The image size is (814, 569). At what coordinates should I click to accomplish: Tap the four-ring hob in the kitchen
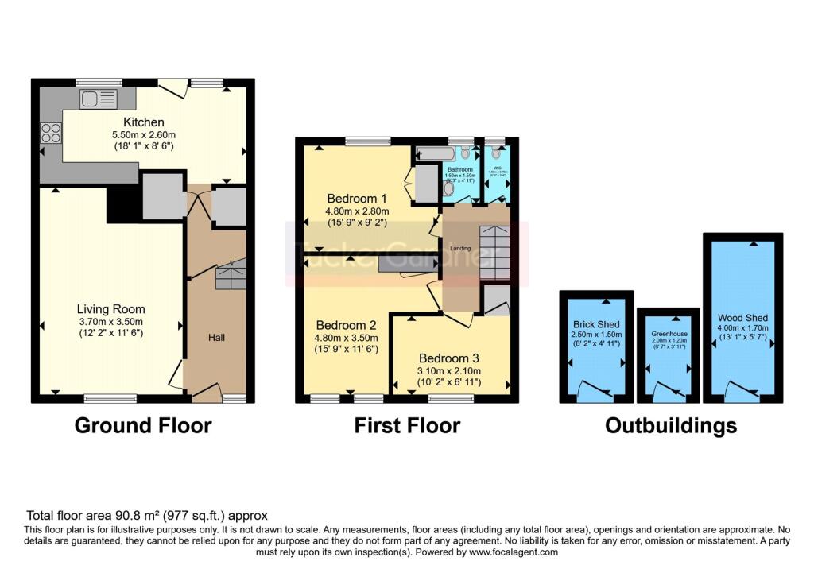pyautogui.click(x=52, y=133)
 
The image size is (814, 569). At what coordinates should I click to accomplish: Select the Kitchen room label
pyautogui.click(x=143, y=122)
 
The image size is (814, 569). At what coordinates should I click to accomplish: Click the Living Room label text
pyautogui.click(x=110, y=309)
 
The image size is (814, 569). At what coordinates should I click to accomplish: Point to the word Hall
pyautogui.click(x=216, y=338)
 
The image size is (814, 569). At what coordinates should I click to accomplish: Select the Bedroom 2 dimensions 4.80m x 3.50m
pyautogui.click(x=347, y=337)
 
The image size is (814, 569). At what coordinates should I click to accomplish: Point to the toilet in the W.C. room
pyautogui.click(x=496, y=153)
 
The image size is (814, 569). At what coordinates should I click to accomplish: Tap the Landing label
pyautogui.click(x=460, y=249)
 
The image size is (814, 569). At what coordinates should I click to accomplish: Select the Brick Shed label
pyautogui.click(x=596, y=324)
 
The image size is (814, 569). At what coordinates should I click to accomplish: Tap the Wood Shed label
pyautogui.click(x=742, y=316)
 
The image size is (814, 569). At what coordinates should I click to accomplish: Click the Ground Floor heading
pyautogui.click(x=143, y=425)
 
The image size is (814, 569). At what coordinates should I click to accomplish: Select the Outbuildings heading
pyautogui.click(x=670, y=425)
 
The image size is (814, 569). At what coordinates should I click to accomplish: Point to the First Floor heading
pyautogui.click(x=407, y=425)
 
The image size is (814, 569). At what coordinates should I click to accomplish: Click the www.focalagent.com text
pyautogui.click(x=514, y=552)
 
